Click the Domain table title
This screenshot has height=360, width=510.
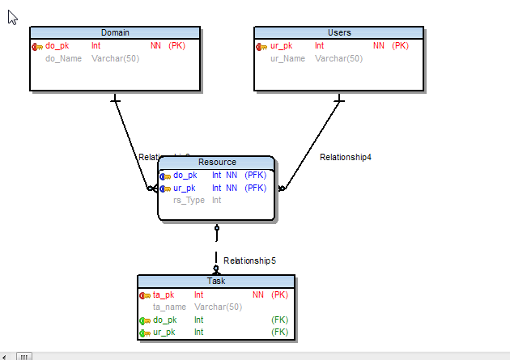point(115,32)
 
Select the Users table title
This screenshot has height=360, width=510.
point(339,32)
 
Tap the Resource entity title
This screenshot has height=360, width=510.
point(217,162)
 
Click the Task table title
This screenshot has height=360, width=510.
point(216,281)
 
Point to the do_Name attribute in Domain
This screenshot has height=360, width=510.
point(63,58)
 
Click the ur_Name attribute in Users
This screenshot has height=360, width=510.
point(287,58)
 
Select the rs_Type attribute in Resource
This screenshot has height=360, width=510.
point(189,200)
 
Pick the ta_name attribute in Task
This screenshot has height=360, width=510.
point(170,307)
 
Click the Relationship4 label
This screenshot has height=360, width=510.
point(345,157)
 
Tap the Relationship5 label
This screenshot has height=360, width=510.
point(250,260)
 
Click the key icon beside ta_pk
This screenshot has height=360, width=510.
point(145,295)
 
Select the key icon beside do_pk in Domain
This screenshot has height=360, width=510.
point(37,46)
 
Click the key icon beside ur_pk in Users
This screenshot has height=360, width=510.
point(261,46)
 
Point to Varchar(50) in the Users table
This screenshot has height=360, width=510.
point(338,58)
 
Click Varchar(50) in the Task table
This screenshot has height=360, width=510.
point(218,307)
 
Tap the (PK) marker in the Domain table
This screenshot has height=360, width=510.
point(176,46)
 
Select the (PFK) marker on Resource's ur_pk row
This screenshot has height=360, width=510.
point(255,188)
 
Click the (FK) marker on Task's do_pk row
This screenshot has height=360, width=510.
point(279,320)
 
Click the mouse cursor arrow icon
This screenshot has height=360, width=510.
point(13,17)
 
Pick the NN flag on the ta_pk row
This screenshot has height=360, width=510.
point(258,295)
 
